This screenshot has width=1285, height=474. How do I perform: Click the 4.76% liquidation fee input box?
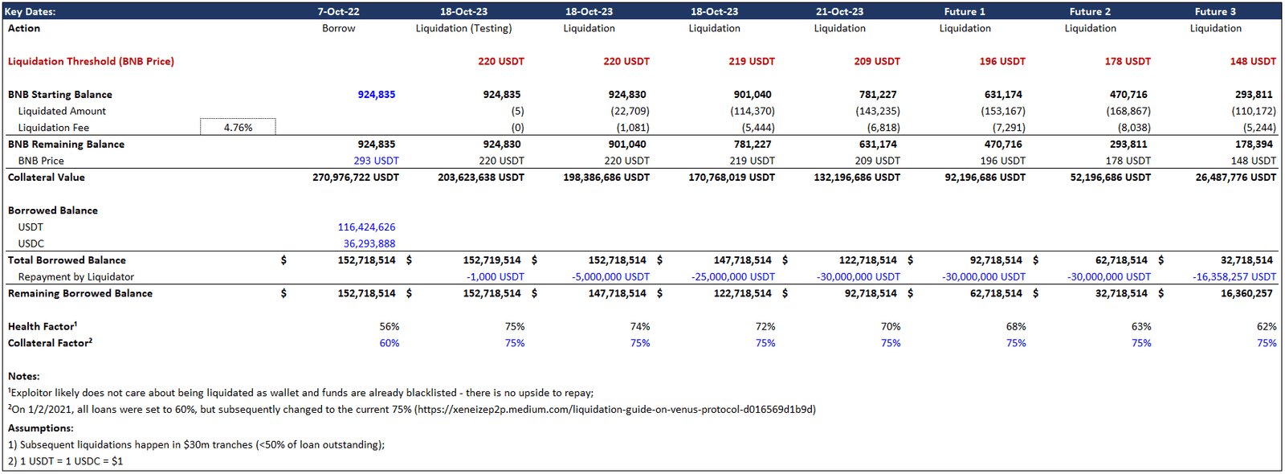pos(238,127)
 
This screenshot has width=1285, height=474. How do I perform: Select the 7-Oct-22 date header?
pos(338,11)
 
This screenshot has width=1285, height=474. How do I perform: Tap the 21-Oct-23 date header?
pos(839,11)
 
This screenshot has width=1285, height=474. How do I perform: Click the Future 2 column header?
pos(1090,11)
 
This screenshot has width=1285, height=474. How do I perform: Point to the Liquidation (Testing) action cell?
pos(463,28)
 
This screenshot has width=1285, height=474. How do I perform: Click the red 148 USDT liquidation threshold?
pos(1252,61)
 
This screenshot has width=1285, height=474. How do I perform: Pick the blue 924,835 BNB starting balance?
pos(376,94)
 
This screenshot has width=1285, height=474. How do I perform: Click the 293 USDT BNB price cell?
pos(376,161)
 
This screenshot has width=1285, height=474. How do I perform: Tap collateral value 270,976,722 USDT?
pos(355,178)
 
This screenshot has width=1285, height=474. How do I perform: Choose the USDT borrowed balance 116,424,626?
pos(366,227)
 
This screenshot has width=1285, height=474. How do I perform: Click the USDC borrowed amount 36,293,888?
pos(369,243)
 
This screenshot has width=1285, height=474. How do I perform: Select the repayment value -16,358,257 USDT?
pos(1234,277)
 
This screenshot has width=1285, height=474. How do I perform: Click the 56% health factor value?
pos(389,327)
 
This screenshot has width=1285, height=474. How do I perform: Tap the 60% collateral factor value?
pos(389,343)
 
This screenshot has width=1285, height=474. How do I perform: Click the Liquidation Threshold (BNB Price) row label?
pos(91,61)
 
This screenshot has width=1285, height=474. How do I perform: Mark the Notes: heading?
pos(23,376)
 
